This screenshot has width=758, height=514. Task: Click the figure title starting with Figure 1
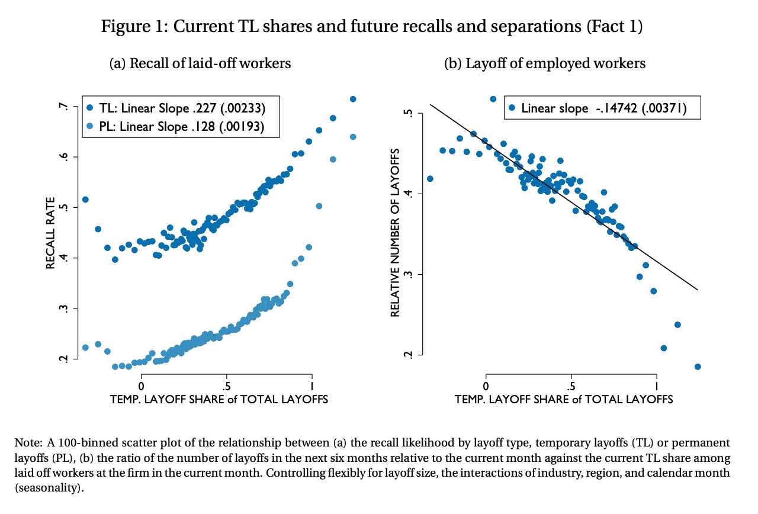coord(371,27)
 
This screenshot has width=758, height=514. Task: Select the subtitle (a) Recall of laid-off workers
coord(200,63)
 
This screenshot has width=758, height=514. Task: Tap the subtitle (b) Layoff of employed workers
coord(545,63)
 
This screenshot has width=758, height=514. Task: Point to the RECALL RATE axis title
coord(51,233)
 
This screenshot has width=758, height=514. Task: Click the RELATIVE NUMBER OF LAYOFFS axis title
coord(396,233)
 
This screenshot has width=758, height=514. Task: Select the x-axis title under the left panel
coord(219,400)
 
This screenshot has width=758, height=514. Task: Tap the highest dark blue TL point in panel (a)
coord(353,99)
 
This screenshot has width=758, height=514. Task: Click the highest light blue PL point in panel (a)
coord(353,137)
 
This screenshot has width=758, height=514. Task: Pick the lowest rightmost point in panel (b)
coord(698,367)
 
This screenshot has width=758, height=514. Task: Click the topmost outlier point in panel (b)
coord(493,99)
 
